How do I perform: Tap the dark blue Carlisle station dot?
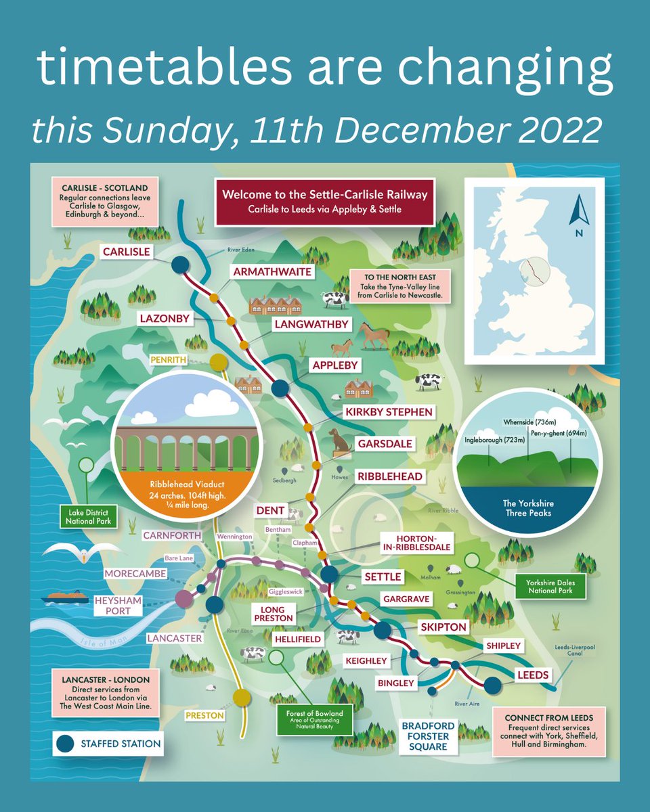[x=180, y=265]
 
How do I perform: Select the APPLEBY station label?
[x=334, y=365]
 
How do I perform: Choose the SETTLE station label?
[x=383, y=577]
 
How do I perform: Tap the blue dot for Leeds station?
[x=492, y=685]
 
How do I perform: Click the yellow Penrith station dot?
[x=218, y=363]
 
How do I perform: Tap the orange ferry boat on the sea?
[x=66, y=598]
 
